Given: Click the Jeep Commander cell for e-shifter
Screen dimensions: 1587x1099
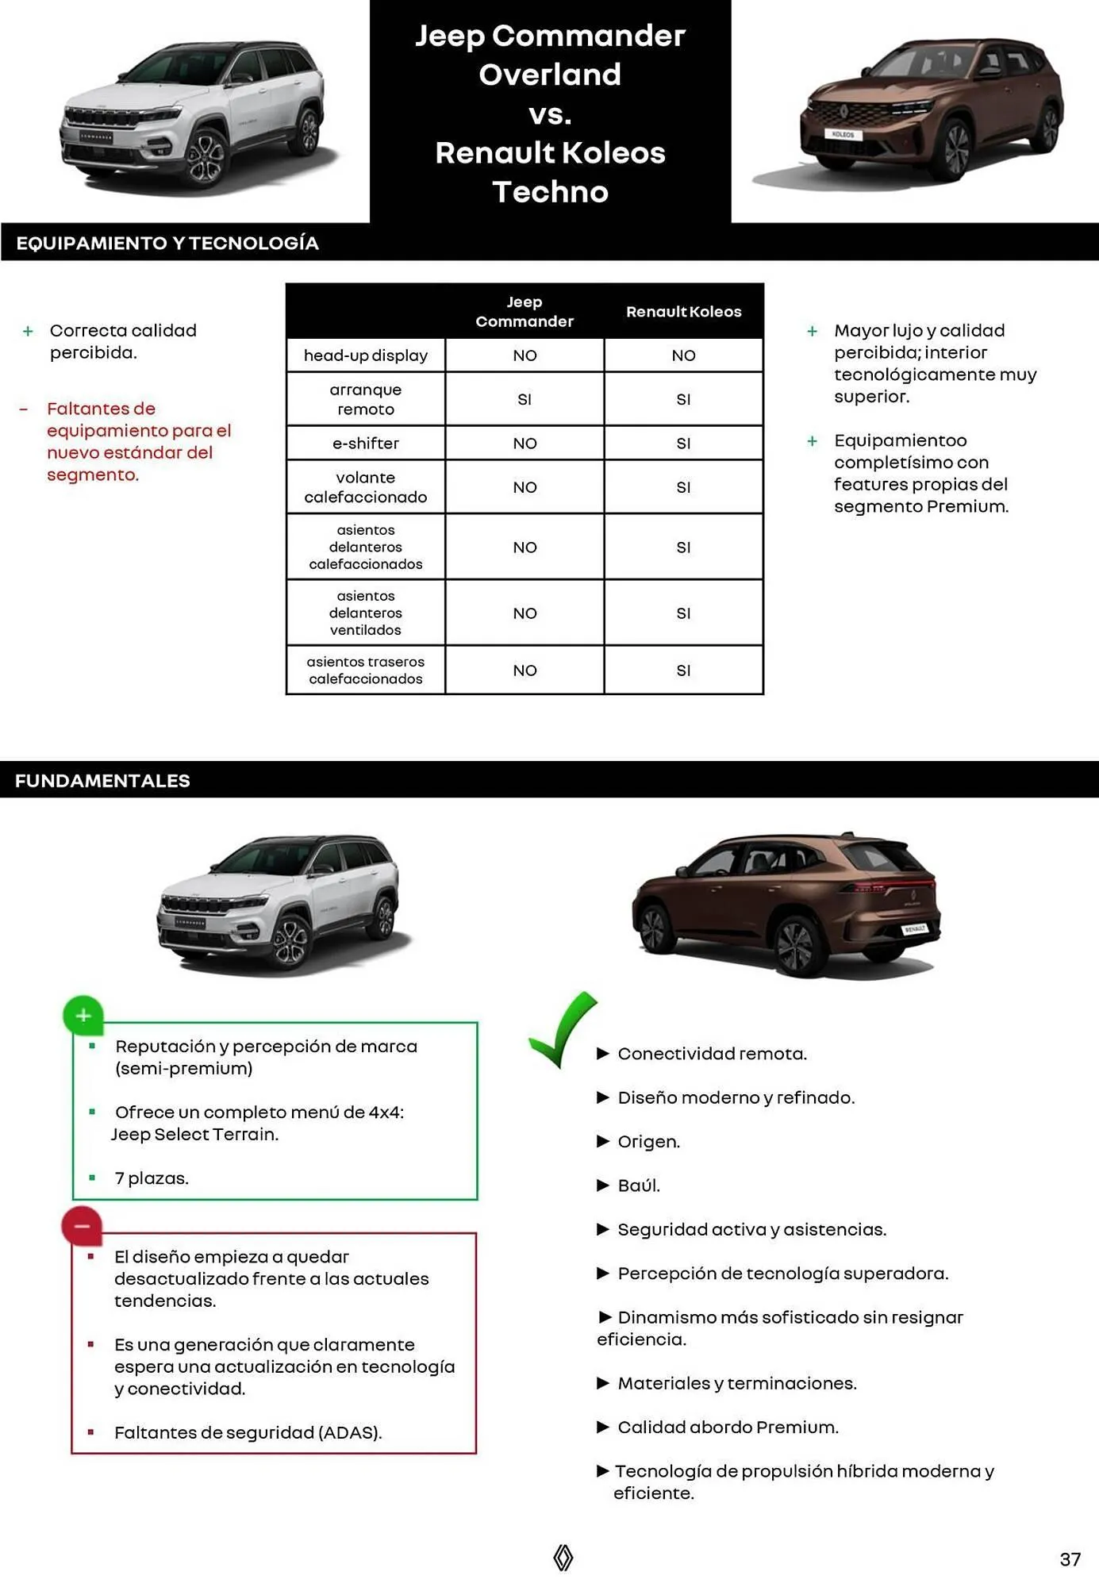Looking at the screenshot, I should (x=525, y=444).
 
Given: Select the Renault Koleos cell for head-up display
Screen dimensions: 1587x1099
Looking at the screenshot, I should (x=683, y=355).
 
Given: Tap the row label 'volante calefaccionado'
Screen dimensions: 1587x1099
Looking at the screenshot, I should (x=366, y=487).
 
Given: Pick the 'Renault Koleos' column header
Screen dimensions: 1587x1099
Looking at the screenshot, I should (x=683, y=312).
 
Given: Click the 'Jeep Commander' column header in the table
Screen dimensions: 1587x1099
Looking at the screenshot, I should (x=525, y=312).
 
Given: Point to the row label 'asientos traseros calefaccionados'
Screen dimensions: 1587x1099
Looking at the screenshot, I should (x=366, y=671).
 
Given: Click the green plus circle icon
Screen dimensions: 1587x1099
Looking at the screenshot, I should (x=83, y=1015).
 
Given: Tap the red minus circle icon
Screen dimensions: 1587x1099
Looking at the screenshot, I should (x=82, y=1226).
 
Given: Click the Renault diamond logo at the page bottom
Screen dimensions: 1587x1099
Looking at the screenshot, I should (x=563, y=1557).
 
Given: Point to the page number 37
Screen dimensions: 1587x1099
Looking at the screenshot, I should (x=1070, y=1559).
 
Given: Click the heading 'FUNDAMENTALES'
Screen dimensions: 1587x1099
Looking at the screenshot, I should (x=102, y=781).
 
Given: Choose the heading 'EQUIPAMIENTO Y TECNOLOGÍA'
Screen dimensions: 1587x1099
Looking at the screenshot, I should (x=167, y=244).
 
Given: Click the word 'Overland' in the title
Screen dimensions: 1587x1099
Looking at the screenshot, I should (x=550, y=75).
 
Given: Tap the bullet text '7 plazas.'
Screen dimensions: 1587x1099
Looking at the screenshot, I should (x=152, y=1178).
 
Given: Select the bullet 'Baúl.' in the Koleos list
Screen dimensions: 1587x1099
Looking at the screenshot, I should (x=639, y=1185).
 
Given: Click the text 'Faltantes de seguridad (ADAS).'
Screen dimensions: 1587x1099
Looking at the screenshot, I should (x=248, y=1432).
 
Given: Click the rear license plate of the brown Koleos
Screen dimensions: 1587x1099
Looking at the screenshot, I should (x=914, y=928).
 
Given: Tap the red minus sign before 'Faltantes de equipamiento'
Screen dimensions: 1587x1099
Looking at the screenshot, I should (x=24, y=409).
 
